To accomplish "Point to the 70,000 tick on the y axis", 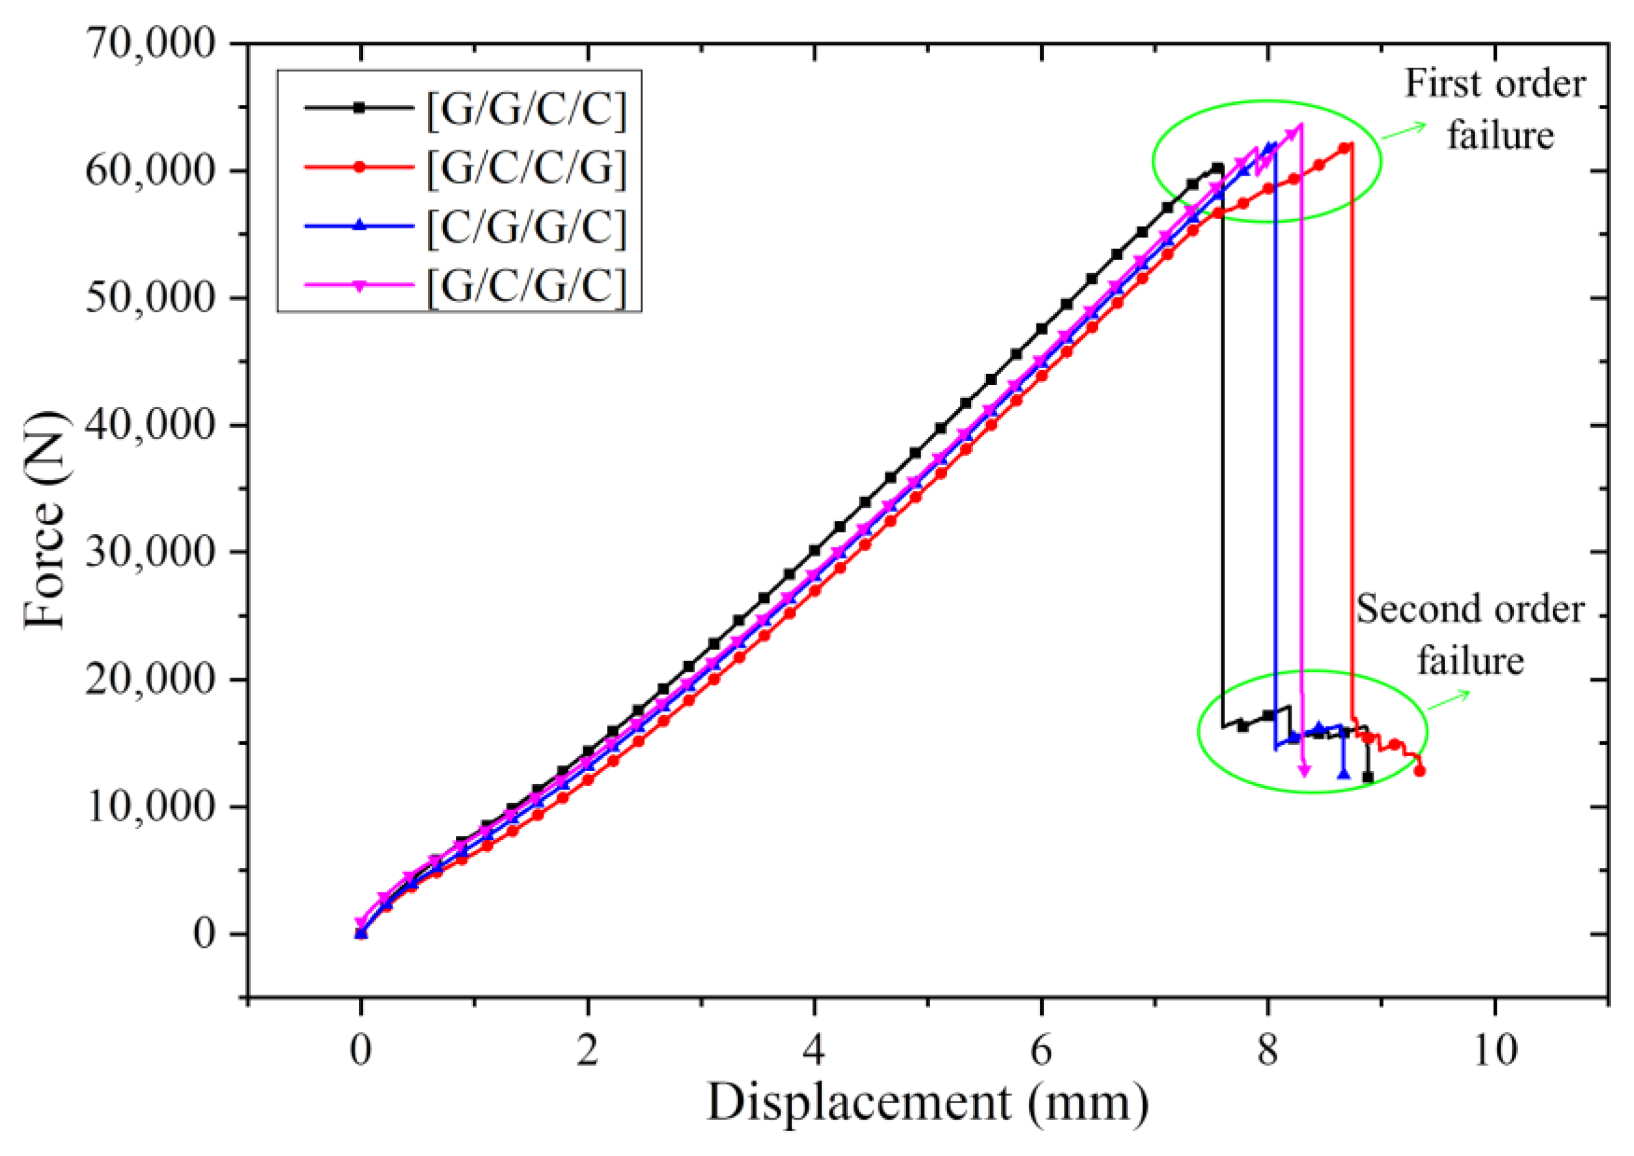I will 150,44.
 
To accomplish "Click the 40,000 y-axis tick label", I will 150,426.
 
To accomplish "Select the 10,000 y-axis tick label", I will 150,806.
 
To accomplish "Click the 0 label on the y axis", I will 204,933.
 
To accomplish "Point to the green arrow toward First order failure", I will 1405,131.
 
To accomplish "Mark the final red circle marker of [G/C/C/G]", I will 1419,770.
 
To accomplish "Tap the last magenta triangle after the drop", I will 1304,771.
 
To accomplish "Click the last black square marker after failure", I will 1367,777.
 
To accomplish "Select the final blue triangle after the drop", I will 1343,773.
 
